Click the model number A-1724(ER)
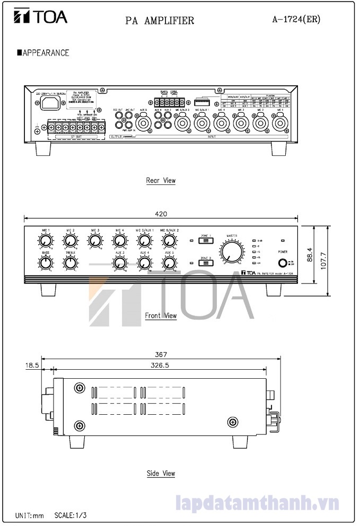296,19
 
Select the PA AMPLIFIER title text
160,21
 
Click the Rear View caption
161,181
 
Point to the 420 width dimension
161,213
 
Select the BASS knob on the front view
46,262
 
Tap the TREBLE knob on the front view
70,262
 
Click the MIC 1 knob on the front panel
46,241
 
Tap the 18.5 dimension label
31,365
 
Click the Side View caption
161,474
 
